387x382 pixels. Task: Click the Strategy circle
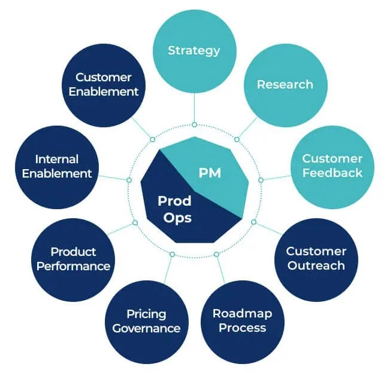pos(194,50)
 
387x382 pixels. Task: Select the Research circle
pos(285,84)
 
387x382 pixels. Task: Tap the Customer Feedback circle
pos(332,166)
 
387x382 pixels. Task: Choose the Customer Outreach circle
pos(316,258)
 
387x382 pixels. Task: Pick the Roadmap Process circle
pos(242,321)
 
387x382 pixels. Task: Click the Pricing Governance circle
pos(146,321)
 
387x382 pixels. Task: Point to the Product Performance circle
pos(73,259)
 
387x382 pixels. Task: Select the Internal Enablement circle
pos(56,166)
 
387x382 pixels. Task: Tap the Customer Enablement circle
pos(103,84)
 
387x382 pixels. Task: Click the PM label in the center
pos(210,173)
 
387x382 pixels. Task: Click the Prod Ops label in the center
pos(175,209)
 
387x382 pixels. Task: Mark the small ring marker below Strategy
pos(194,124)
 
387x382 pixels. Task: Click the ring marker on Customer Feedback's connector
pos(261,179)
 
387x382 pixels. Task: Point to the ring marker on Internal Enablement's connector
pos(129,180)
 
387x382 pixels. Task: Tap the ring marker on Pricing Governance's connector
pos(172,255)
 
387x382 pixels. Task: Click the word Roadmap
pos(242,314)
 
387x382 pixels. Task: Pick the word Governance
pos(146,328)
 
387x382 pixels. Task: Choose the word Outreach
pos(316,265)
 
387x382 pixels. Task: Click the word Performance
pos(73,266)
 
